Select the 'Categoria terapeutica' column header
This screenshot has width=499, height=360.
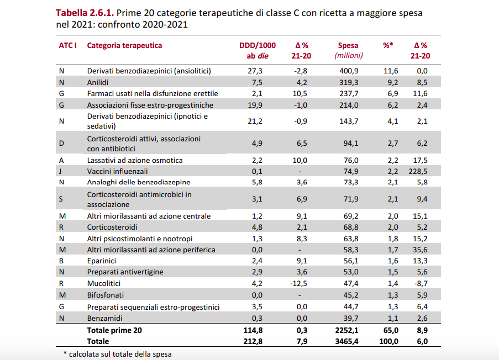(124, 46)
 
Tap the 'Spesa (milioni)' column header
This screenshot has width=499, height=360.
(348, 51)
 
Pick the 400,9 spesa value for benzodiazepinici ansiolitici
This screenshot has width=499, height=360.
(348, 71)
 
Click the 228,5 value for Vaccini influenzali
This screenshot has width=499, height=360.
(420, 171)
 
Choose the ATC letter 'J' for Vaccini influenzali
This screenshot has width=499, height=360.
(60, 171)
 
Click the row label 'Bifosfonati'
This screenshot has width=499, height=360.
(105, 295)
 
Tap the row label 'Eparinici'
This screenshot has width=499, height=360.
(101, 261)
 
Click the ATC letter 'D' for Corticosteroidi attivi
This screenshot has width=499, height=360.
(61, 144)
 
